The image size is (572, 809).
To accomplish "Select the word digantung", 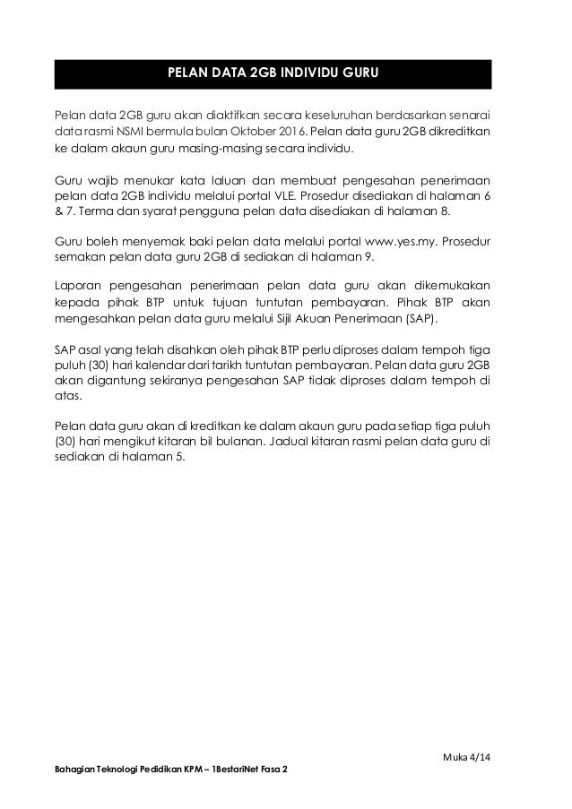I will (112, 383).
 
